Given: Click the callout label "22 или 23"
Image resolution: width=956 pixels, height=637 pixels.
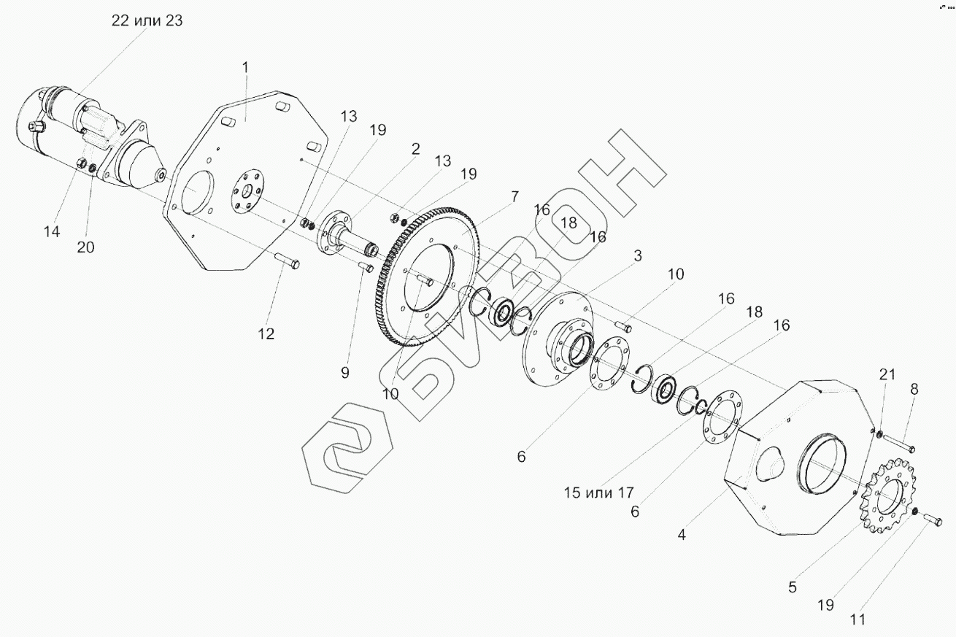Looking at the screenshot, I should (147, 20).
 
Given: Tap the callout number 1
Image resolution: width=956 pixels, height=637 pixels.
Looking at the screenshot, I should (245, 67).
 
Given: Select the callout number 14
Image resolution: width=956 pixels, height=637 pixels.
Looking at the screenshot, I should (51, 231).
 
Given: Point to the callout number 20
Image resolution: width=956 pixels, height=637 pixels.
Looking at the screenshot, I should (85, 247).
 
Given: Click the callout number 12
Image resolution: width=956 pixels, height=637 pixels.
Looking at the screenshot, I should (266, 333).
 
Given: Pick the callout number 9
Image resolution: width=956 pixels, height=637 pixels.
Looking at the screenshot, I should (344, 372).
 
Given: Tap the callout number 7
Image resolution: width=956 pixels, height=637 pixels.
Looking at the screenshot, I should (515, 196).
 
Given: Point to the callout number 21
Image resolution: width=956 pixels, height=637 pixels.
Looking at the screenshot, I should (887, 375).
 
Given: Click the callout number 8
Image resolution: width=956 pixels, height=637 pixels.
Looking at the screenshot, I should (914, 389).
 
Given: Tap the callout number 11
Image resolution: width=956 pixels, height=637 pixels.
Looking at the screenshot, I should (857, 621).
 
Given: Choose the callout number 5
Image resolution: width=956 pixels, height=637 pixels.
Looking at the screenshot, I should (793, 586).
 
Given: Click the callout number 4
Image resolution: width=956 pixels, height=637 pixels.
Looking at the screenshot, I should (682, 535).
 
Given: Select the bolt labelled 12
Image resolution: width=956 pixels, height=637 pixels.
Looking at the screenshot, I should (287, 260).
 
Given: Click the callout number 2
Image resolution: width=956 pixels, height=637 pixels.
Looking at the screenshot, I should (415, 149).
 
